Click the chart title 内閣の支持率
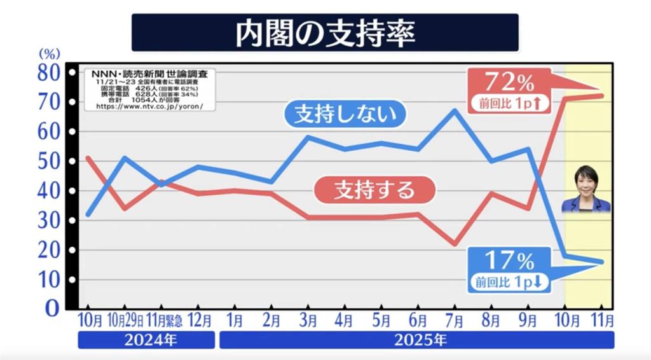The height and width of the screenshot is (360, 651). click(325, 33)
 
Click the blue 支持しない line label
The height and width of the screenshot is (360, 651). click(345, 114)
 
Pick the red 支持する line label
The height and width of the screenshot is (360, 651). click(374, 189)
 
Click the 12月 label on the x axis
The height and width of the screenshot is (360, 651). click(200, 319)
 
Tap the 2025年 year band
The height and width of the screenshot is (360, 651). click(416, 340)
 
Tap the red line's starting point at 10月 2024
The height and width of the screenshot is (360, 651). click(87, 158)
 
